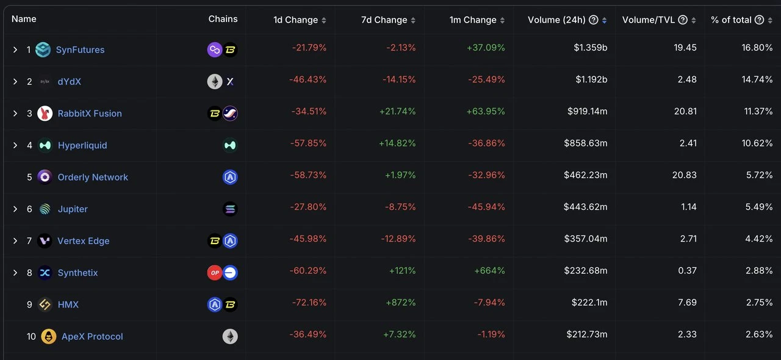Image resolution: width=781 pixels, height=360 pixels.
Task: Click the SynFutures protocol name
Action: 80,50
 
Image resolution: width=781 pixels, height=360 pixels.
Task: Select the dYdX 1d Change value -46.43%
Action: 309,79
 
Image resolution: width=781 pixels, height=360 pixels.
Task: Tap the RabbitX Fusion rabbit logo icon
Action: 45,113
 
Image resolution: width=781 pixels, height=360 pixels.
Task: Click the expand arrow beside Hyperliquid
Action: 15,145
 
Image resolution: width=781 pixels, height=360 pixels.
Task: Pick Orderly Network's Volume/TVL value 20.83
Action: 683,175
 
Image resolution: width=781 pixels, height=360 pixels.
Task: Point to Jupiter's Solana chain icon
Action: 230,209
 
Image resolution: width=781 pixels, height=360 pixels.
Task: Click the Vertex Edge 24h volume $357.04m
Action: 585,239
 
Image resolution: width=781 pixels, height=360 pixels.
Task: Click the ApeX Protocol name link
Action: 92,336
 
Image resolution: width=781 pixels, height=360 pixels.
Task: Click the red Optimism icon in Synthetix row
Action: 215,273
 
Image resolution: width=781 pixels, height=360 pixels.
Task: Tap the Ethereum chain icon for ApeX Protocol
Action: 230,336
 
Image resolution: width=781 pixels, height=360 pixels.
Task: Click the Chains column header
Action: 223,19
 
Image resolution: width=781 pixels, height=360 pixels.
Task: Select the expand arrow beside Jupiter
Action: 15,209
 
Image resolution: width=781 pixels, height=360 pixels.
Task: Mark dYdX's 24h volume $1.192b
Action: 590,79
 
